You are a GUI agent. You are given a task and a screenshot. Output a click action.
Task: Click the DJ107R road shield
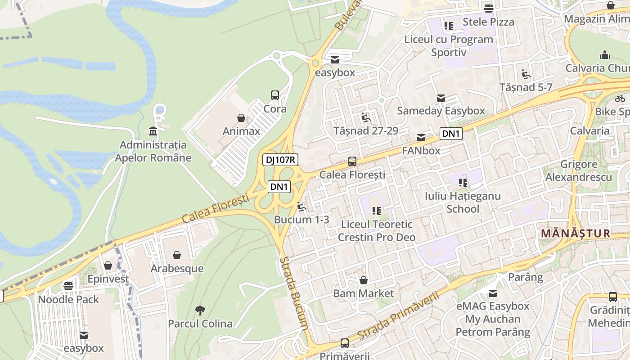[280, 160]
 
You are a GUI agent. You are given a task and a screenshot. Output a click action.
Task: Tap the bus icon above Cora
[275, 95]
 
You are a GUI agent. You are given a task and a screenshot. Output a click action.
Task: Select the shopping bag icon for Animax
[242, 118]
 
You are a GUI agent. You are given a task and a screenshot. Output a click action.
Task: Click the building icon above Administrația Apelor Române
[153, 131]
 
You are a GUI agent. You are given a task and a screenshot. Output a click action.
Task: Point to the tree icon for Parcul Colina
[200, 310]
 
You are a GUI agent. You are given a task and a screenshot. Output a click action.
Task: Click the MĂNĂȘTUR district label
[576, 234]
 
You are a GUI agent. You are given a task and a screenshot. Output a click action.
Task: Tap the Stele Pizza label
[488, 22]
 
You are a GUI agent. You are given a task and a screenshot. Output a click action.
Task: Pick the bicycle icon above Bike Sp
[620, 98]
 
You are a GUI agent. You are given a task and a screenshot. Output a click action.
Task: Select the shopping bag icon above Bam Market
[364, 280]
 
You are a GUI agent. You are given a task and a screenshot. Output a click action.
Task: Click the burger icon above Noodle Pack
[68, 286]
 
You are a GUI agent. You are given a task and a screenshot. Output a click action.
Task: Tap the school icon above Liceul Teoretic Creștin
[377, 211]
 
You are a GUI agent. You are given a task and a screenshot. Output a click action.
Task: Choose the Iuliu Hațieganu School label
[463, 202]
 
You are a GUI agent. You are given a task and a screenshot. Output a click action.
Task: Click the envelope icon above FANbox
[421, 138]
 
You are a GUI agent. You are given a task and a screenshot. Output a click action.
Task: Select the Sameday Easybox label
[441, 111]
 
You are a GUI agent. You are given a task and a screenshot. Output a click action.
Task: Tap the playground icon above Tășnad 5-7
[526, 74]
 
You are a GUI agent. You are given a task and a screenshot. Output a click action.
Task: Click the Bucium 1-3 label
[301, 220]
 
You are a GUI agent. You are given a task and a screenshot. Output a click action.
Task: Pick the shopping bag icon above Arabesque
[177, 255]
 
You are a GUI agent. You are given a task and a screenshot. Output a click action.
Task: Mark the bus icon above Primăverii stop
[344, 343]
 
